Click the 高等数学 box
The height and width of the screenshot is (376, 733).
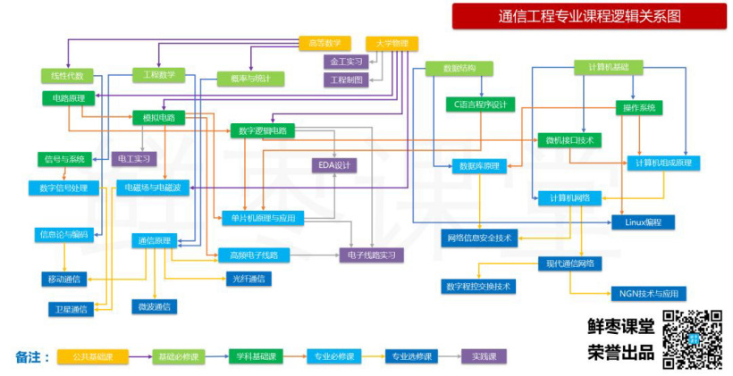point(324,43)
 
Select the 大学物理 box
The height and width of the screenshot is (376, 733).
point(392,43)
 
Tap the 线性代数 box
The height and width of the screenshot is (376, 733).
point(67,76)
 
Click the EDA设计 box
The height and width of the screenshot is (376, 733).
point(334,164)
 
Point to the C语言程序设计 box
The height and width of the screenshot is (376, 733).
point(480,104)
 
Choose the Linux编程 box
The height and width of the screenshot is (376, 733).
point(643,221)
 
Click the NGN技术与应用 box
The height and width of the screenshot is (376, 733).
point(648,293)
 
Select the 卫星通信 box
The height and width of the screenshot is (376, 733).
point(71,308)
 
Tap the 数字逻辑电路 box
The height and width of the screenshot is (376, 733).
point(262,130)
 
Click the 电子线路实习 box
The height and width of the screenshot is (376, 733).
point(371,255)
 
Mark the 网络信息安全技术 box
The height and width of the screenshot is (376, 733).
point(479,238)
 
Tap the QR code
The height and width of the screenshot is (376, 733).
point(692,338)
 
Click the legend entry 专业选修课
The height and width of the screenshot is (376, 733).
point(412,356)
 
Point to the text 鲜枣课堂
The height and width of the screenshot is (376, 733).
point(620,326)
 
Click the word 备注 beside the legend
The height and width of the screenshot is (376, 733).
point(28,356)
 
